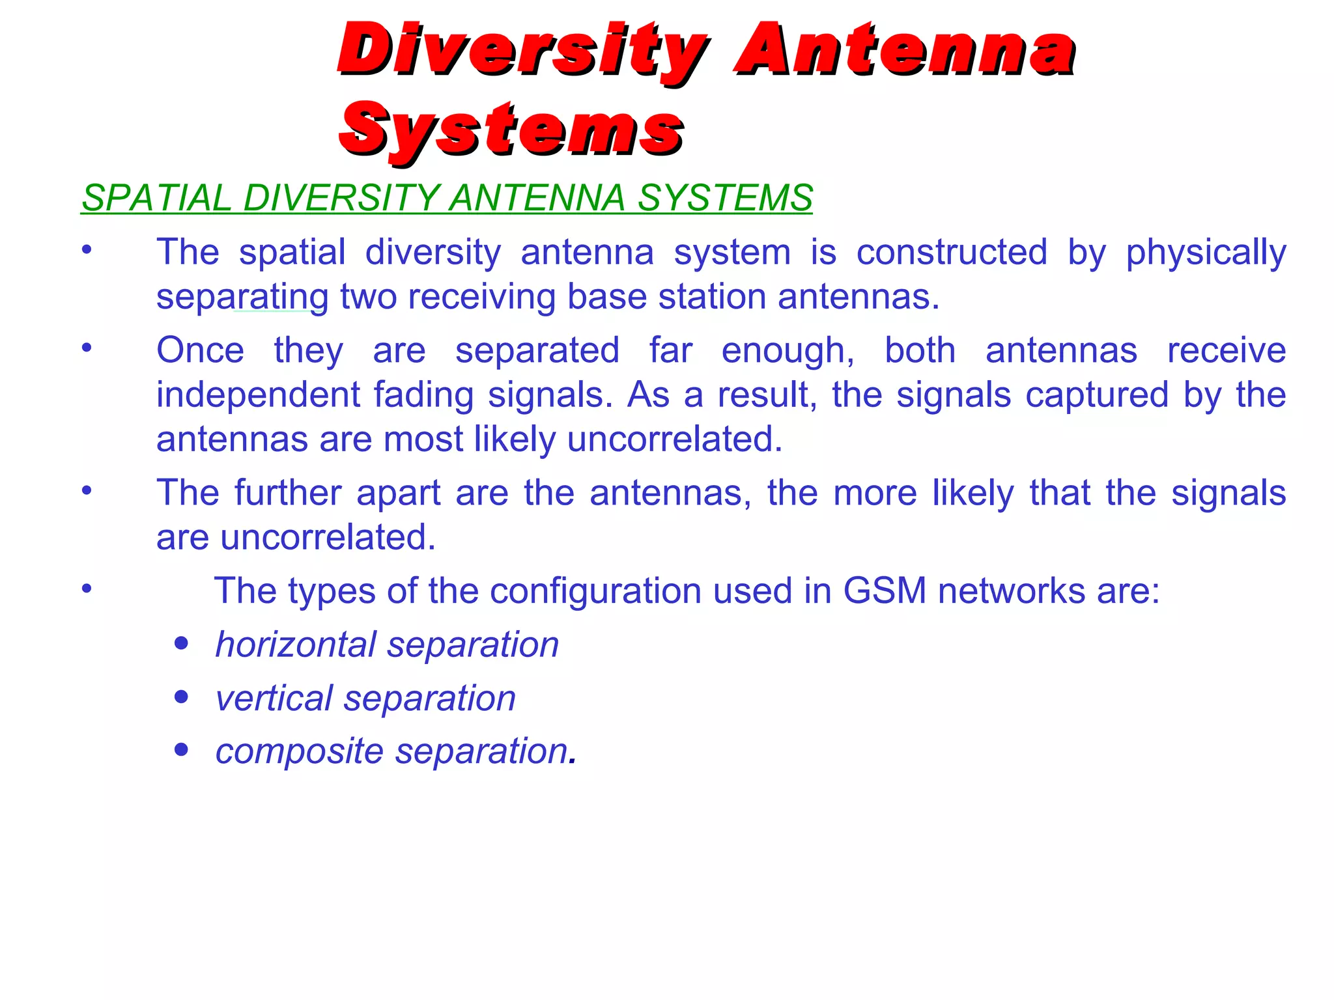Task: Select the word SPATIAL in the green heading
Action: (156, 198)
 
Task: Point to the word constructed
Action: (951, 252)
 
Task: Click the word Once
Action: (200, 351)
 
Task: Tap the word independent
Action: (258, 395)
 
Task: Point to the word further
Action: (288, 493)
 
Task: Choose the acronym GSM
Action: (885, 591)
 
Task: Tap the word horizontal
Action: (295, 645)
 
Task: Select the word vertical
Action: (273, 699)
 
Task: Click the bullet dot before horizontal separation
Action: (182, 644)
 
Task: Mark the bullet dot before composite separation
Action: (182, 750)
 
